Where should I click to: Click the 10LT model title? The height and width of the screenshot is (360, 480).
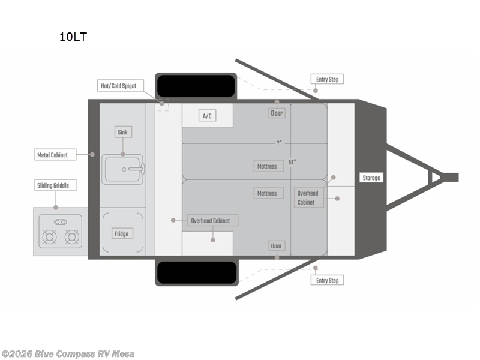pyautogui.click(x=73, y=37)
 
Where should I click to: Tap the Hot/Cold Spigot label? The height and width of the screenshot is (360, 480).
pyautogui.click(x=119, y=86)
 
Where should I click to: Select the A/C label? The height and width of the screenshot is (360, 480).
pyautogui.click(x=208, y=116)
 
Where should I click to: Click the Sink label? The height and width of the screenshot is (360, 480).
pyautogui.click(x=122, y=132)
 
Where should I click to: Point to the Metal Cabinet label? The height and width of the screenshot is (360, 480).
pyautogui.click(x=52, y=155)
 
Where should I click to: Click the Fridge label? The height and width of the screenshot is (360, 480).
pyautogui.click(x=122, y=233)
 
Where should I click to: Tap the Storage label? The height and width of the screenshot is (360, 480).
pyautogui.click(x=371, y=178)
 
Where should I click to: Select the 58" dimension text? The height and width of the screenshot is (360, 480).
pyautogui.click(x=292, y=162)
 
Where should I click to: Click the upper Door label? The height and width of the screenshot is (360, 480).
pyautogui.click(x=277, y=113)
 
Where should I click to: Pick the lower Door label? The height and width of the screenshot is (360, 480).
pyautogui.click(x=277, y=246)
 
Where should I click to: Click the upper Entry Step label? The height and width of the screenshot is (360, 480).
pyautogui.click(x=328, y=79)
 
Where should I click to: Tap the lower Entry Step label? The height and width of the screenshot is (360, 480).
pyautogui.click(x=328, y=280)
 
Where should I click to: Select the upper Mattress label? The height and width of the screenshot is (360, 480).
pyautogui.click(x=267, y=166)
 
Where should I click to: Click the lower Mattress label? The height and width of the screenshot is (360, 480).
pyautogui.click(x=267, y=193)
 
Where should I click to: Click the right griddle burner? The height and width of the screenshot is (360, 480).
pyautogui.click(x=71, y=238)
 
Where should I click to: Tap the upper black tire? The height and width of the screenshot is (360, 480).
pyautogui.click(x=196, y=86)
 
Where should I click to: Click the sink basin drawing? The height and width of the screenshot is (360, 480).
pyautogui.click(x=124, y=170)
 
